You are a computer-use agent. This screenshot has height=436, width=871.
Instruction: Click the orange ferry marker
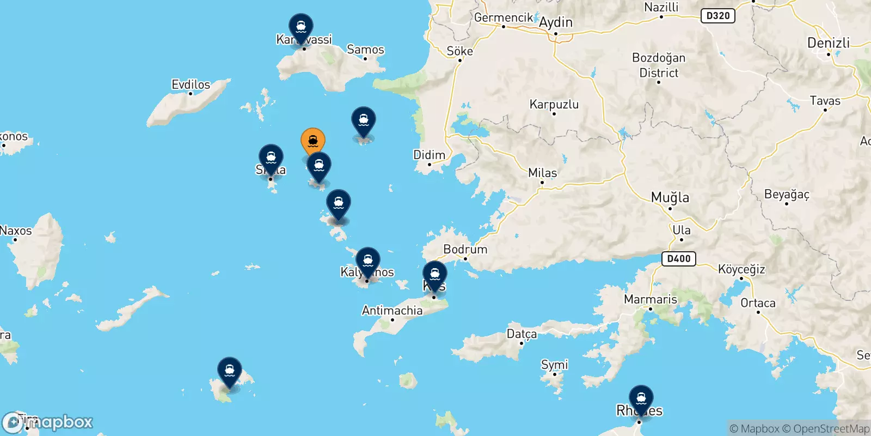click(313, 141)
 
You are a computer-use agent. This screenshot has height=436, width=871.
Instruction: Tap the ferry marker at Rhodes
click(641, 398)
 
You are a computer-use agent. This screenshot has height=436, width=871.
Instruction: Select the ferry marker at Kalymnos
click(368, 261)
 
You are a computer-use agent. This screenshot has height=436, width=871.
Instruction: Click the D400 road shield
click(679, 258)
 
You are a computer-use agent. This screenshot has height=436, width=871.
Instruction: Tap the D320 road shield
click(717, 16)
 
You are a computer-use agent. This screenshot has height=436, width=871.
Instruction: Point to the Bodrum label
click(465, 249)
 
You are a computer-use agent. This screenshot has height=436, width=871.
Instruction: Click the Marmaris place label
click(651, 299)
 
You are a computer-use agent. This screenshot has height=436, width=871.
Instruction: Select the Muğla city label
click(670, 197)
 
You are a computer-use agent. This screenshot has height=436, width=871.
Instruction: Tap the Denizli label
click(828, 43)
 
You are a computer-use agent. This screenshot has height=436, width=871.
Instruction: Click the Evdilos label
click(191, 84)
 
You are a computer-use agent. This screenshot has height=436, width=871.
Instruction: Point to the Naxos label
click(16, 231)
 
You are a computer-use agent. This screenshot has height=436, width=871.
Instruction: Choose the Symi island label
click(554, 365)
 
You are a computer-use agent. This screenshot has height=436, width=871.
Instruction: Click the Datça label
click(522, 334)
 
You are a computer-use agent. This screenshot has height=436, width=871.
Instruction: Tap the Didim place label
click(429, 155)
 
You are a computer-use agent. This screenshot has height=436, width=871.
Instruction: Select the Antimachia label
click(392, 311)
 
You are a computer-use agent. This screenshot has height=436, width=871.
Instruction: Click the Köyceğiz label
click(741, 269)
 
